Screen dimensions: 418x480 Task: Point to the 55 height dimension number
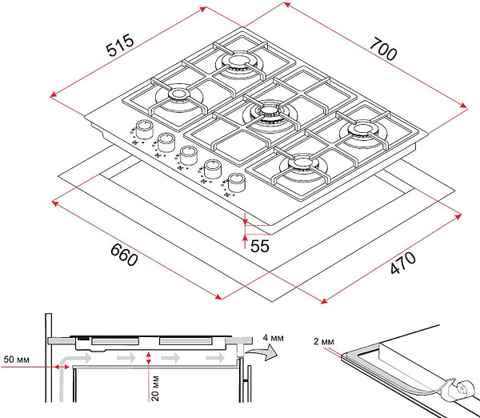(x=259, y=246)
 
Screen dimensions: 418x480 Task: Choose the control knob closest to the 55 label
(x=237, y=181)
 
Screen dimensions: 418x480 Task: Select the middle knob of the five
(x=189, y=154)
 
